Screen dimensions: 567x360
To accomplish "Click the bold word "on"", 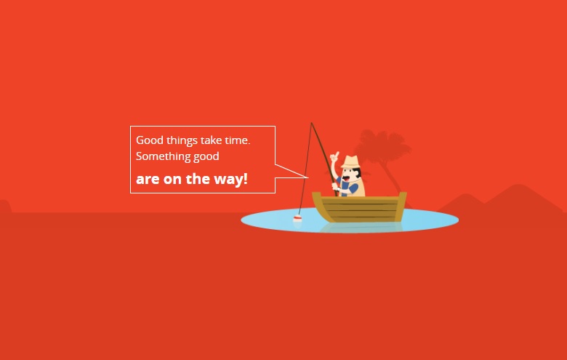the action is tap(172, 180).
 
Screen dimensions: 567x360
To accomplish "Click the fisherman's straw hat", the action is tap(350, 161).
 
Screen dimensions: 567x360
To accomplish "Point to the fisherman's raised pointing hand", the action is tap(335, 156).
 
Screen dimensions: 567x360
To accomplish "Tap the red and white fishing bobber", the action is tap(297, 218).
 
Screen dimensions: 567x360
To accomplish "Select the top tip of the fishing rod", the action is tap(311, 123).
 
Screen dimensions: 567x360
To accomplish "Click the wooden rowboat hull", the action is tap(359, 207).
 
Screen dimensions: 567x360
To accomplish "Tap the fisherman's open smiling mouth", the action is tap(347, 179).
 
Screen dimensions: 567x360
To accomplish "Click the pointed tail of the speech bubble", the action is tap(307, 177).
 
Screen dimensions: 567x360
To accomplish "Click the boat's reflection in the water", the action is tap(361, 227).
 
